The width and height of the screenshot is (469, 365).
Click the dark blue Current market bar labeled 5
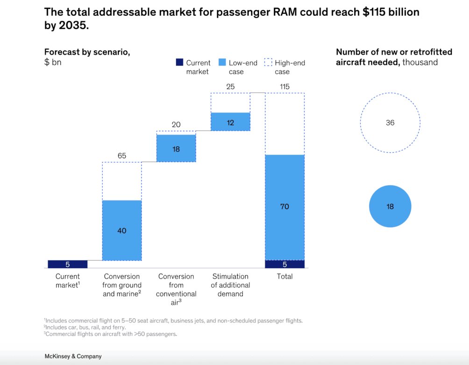click(68, 264)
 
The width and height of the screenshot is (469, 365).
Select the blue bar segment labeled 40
click(122, 230)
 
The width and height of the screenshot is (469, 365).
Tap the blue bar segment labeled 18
click(176, 149)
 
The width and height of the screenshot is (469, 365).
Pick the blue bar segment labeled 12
click(230, 122)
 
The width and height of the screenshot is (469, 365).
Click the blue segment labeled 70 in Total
click(284, 207)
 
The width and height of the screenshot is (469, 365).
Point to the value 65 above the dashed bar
click(122, 155)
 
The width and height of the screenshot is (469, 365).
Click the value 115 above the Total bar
click(284, 86)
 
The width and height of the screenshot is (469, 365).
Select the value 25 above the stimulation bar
click(230, 86)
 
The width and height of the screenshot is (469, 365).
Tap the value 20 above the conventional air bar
click(176, 124)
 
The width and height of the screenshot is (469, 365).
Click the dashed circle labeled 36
click(390, 123)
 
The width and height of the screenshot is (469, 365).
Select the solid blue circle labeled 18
click(390, 206)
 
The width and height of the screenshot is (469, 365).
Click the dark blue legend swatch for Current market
click(179, 63)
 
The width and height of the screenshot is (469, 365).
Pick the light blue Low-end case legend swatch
click(222, 63)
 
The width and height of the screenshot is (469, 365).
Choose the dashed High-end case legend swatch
click(268, 63)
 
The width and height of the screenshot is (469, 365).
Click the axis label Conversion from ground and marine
click(122, 285)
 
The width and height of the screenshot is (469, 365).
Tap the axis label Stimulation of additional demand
click(230, 285)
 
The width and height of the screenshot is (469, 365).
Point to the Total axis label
click(284, 276)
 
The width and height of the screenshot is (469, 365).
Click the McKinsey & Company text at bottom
click(73, 356)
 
